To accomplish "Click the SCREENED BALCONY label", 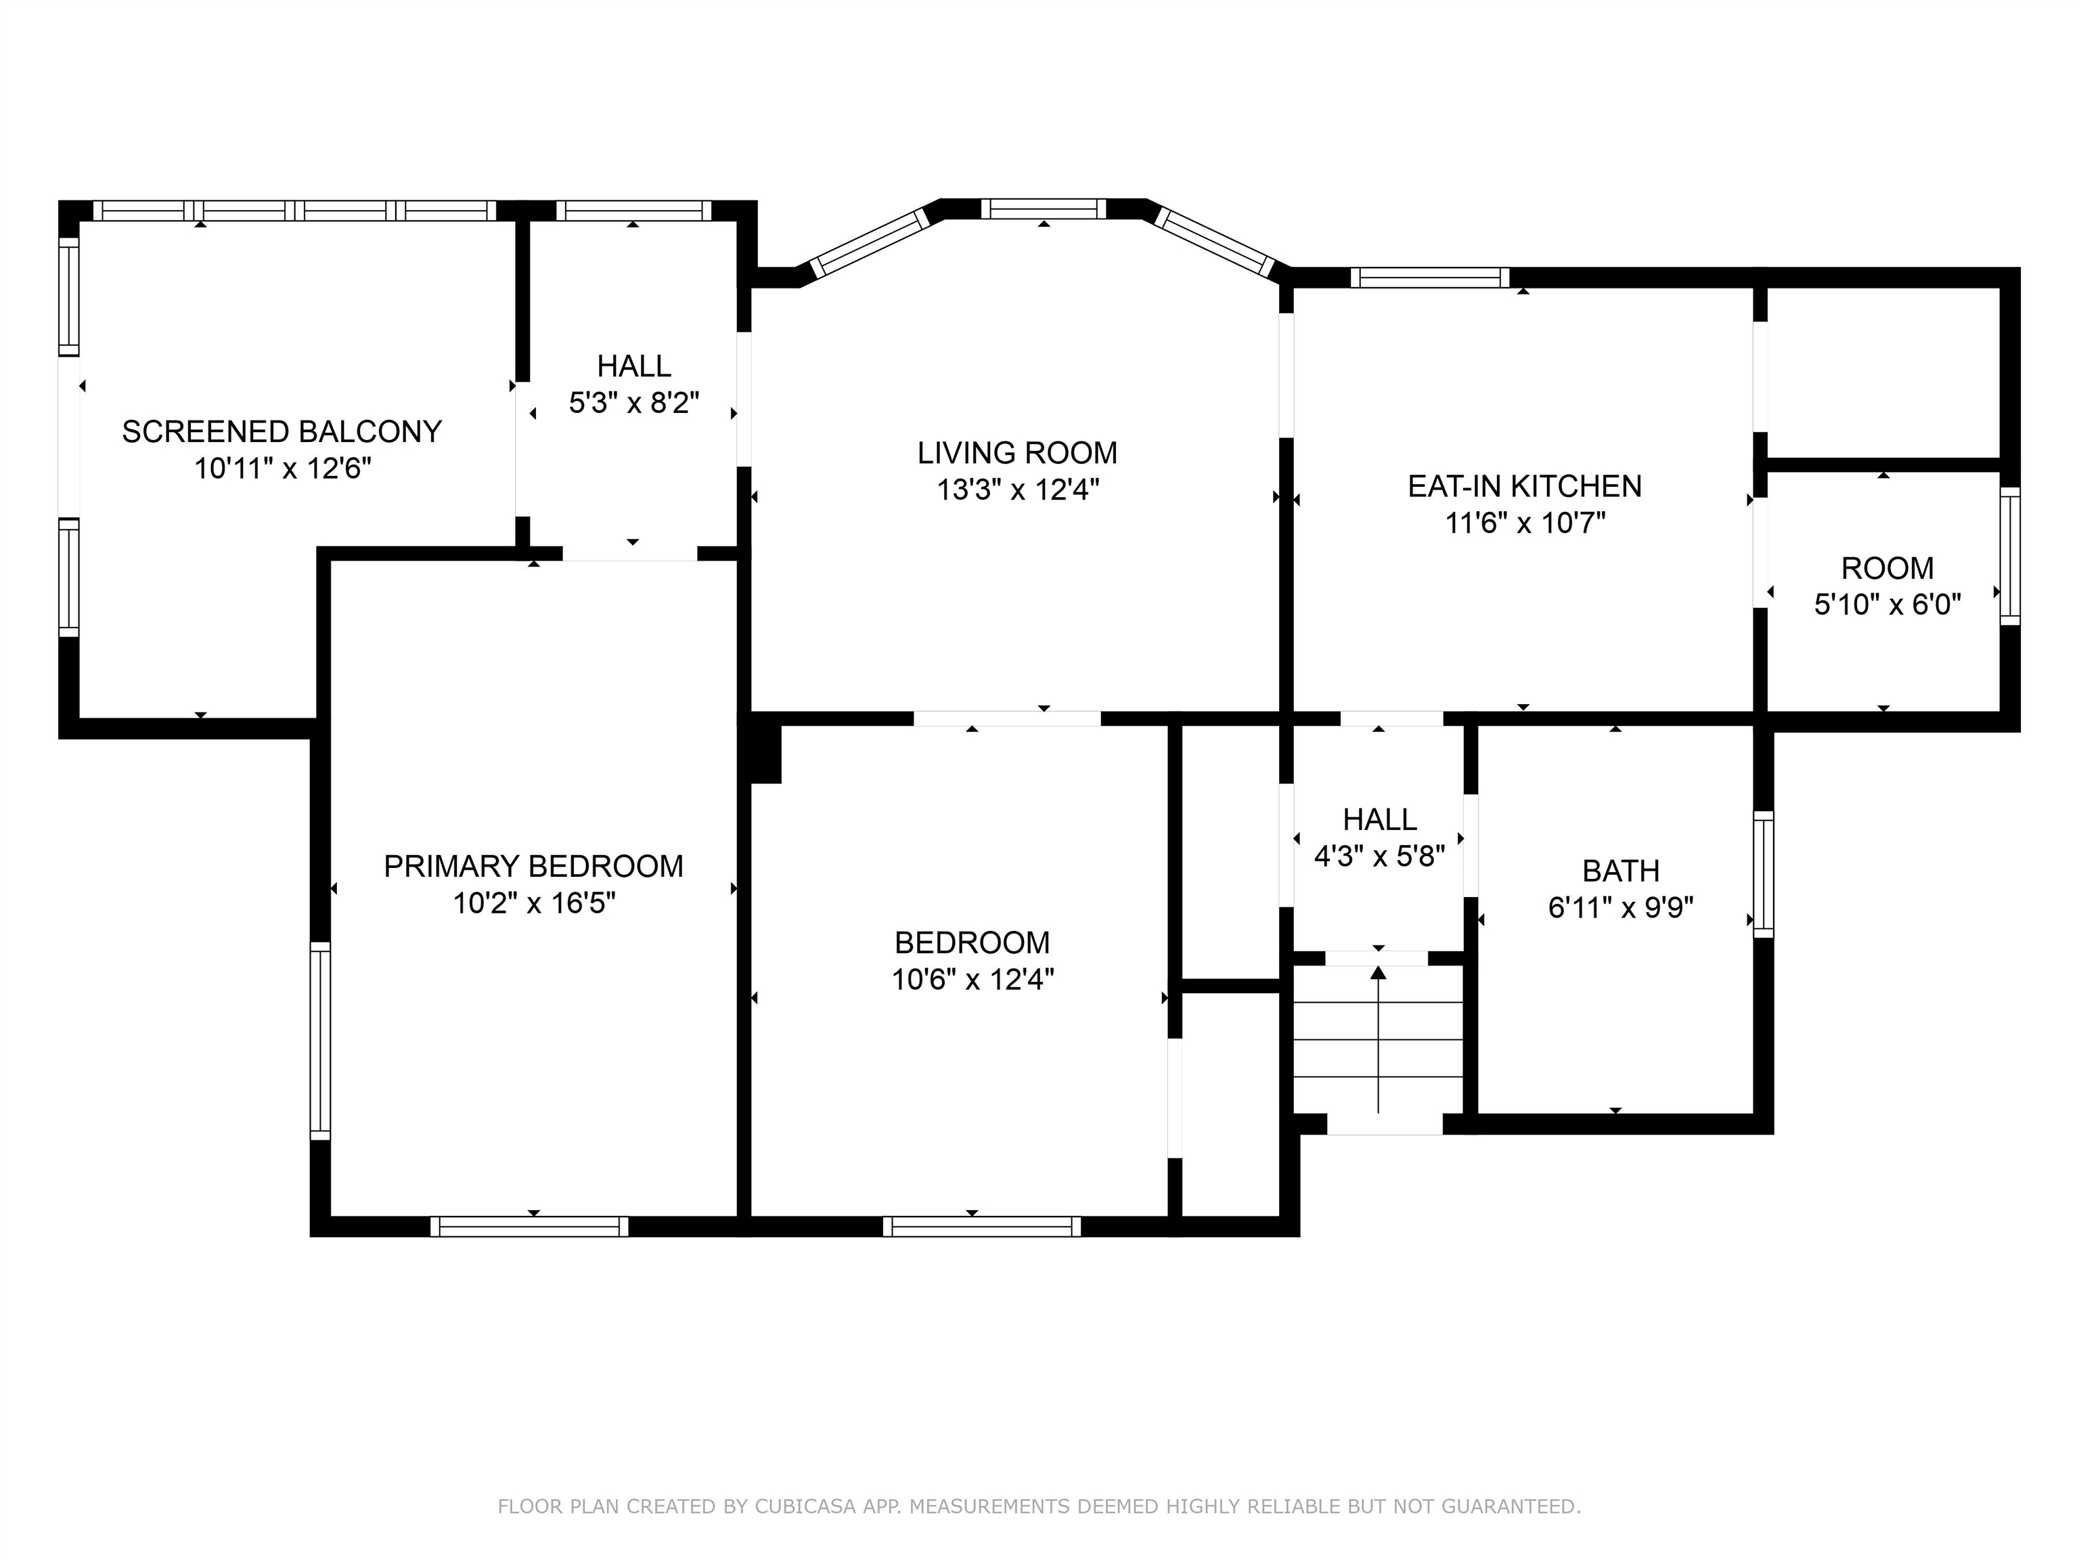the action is coord(282,431).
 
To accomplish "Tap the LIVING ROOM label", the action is coord(1018,453).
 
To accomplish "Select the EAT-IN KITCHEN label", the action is coord(1525,486).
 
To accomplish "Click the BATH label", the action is coord(1620,871).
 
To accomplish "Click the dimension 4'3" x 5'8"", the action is coord(1379,857).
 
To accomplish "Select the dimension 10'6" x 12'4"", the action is coord(973,980).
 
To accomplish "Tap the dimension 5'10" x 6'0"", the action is coord(1887,604).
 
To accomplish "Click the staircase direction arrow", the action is coord(1379,1039).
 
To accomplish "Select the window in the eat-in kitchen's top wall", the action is coord(1429,278).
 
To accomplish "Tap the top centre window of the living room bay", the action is coord(1044,209).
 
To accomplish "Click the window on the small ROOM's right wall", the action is coord(2009,556).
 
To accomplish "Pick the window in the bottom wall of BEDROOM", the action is coord(981,1226).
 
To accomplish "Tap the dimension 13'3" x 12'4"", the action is coord(1018,490).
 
